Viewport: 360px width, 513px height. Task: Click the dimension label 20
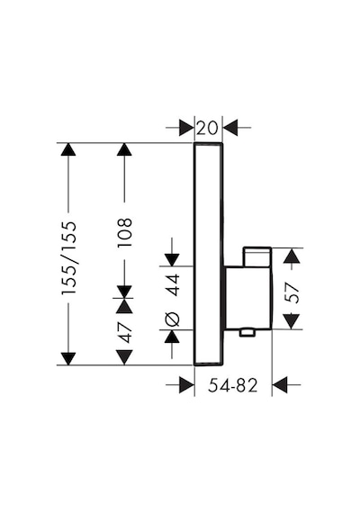(x=207, y=128)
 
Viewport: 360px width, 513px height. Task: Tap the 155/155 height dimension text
(x=68, y=257)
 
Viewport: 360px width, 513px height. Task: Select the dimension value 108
(x=124, y=232)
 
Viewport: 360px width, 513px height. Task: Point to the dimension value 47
(x=124, y=332)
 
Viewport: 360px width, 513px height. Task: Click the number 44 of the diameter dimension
(x=172, y=285)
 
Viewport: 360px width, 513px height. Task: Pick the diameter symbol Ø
(x=172, y=319)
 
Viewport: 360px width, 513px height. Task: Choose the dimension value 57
(x=292, y=293)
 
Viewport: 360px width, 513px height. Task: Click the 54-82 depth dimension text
(x=233, y=385)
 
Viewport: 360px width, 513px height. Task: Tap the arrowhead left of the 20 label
(x=186, y=128)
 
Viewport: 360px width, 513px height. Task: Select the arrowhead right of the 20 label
(x=230, y=128)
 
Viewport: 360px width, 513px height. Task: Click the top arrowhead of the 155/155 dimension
(x=68, y=150)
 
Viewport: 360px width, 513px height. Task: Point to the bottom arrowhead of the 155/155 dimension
(x=68, y=358)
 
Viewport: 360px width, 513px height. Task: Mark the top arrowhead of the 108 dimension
(x=124, y=150)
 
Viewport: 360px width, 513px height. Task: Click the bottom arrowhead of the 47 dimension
(x=124, y=357)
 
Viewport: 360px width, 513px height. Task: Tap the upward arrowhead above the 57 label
(x=292, y=256)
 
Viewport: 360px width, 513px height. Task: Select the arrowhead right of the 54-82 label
(x=280, y=385)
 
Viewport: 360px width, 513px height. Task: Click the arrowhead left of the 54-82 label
(x=186, y=385)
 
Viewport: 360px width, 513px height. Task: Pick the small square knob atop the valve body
(x=256, y=257)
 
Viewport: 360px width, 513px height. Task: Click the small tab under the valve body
(x=247, y=333)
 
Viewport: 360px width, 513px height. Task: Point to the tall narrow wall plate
(x=209, y=254)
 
